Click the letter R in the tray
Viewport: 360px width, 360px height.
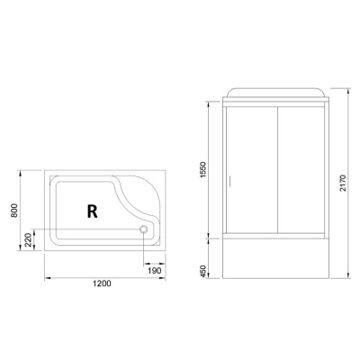pos(92,211)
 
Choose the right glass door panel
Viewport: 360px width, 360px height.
pos(304,171)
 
